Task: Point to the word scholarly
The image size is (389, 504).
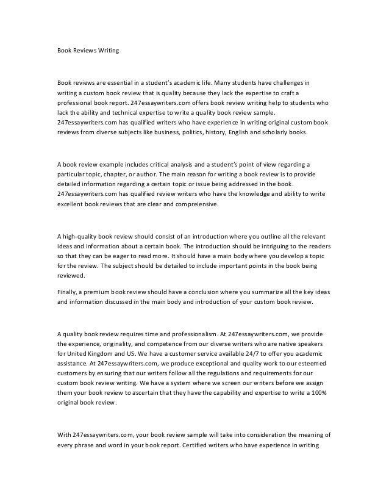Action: pyautogui.click(x=287, y=132)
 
